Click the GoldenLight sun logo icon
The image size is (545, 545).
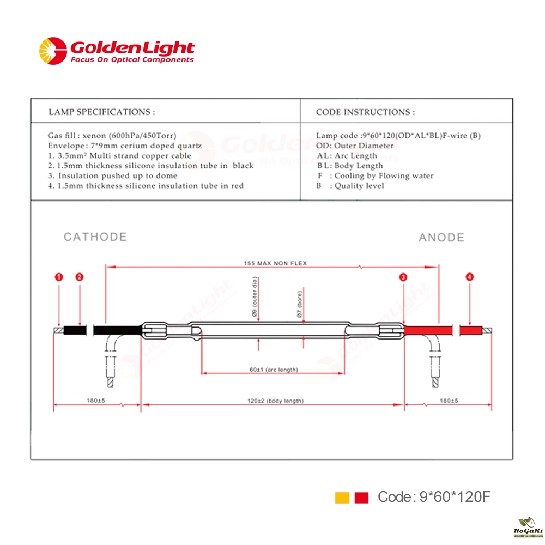coord(53,51)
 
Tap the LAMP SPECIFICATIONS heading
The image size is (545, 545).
coord(101,112)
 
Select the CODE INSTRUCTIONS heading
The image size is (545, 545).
coord(365,112)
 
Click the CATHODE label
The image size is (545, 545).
coord(95,237)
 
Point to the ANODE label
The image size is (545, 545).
coord(441,238)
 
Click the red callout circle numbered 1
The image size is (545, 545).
coord(59,277)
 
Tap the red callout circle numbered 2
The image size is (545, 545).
coord(80,277)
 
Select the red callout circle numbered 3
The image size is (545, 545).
coord(403,277)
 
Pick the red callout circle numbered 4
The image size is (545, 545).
coord(470,277)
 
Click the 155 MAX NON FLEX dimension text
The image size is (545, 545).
coord(275,263)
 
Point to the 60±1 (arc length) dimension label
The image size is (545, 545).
coord(274,370)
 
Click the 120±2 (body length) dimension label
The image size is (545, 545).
coord(275,401)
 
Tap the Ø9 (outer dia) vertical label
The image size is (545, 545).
coord(255,296)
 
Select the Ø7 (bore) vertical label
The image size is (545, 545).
coord(299,304)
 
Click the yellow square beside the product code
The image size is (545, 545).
coord(342,498)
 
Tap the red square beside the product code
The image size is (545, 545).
coord(361,498)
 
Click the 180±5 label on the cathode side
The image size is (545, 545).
coord(95,401)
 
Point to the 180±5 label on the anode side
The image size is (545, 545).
coord(449,401)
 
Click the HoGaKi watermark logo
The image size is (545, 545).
coord(528,527)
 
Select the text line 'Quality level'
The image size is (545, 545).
coord(359,186)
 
